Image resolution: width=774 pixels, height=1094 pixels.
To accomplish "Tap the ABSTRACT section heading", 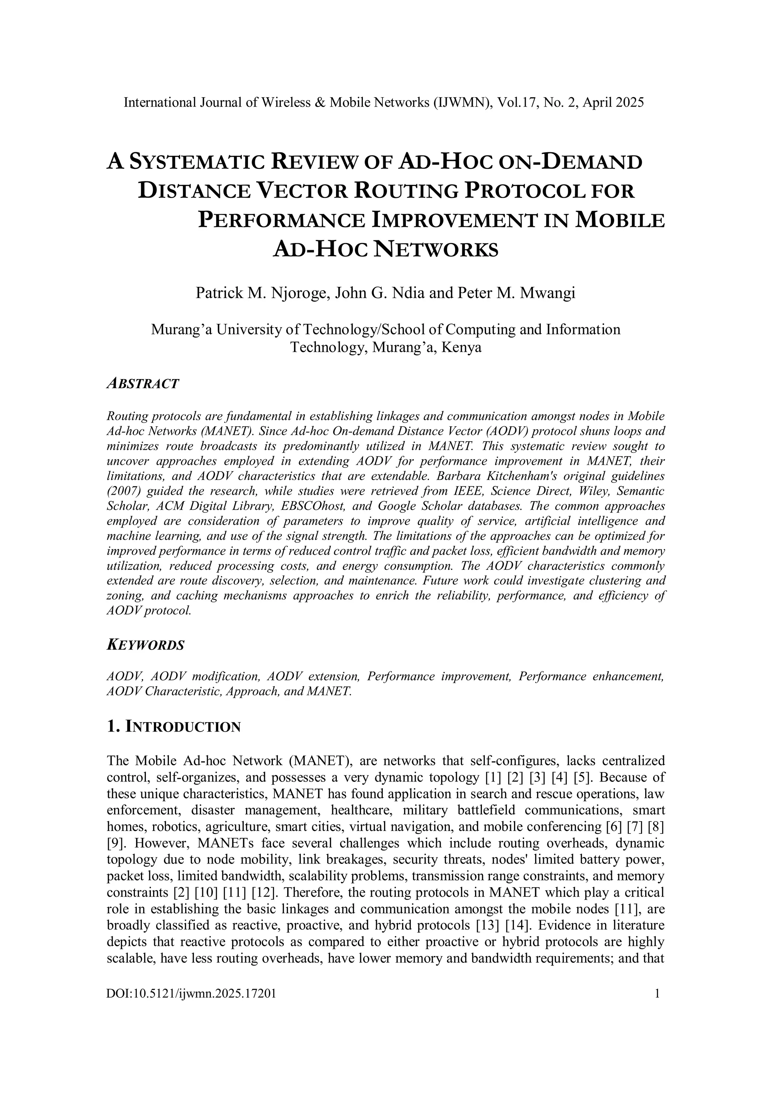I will click(142, 384).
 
